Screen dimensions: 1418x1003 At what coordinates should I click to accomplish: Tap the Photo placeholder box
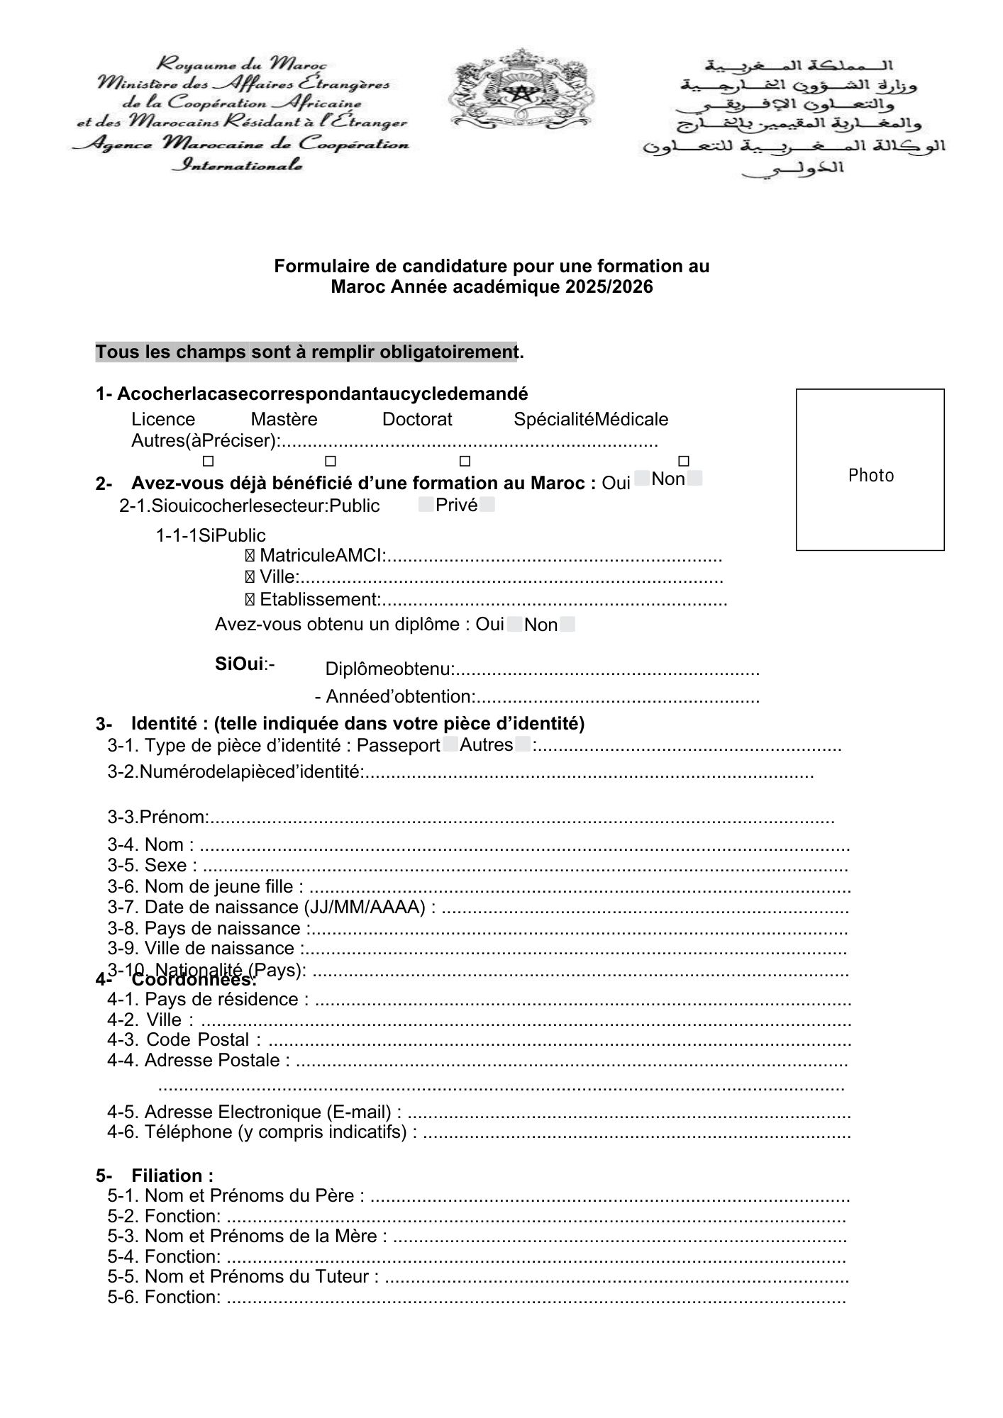[870, 469]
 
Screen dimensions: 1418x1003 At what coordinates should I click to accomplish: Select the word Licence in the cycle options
[163, 419]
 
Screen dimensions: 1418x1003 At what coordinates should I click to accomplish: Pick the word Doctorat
[417, 419]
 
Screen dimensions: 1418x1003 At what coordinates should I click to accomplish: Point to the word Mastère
[284, 419]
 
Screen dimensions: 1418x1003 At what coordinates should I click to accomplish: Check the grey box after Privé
[487, 505]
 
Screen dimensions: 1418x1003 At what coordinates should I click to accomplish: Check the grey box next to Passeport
[450, 744]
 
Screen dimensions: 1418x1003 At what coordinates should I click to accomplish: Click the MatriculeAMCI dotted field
[553, 556]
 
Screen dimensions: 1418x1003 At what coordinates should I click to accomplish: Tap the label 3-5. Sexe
[153, 866]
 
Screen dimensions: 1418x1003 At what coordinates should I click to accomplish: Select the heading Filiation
[172, 1176]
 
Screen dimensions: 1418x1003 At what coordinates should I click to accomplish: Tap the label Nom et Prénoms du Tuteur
[243, 1277]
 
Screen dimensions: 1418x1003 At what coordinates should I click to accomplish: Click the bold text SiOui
[240, 664]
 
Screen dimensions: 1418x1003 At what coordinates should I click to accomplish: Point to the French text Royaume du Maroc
[241, 65]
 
